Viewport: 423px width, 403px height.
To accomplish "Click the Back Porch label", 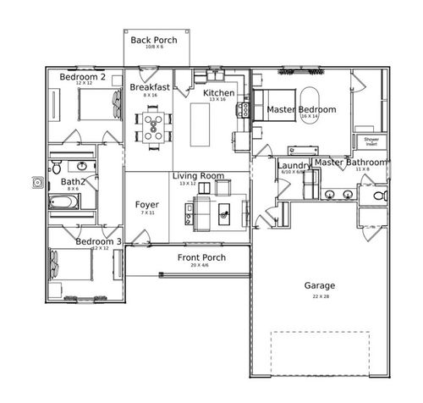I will click(x=153, y=40).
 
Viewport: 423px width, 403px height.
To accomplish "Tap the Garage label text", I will click(x=320, y=285).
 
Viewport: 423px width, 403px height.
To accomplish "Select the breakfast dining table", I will click(x=153, y=127).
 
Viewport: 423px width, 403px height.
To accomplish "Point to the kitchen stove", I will click(x=240, y=135).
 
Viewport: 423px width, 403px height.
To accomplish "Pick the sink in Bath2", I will click(x=83, y=166).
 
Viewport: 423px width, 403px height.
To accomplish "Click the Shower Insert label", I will click(x=371, y=141).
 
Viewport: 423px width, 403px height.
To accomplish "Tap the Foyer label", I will click(x=147, y=205).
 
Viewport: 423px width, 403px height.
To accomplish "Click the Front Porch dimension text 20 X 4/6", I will click(x=201, y=265).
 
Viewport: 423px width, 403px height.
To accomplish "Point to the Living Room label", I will click(x=199, y=176).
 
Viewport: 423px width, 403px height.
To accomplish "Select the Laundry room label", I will click(x=294, y=165).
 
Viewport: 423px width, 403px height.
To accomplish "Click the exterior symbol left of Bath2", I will click(x=37, y=181).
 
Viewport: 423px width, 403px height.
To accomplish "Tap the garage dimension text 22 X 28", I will click(x=320, y=295).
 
